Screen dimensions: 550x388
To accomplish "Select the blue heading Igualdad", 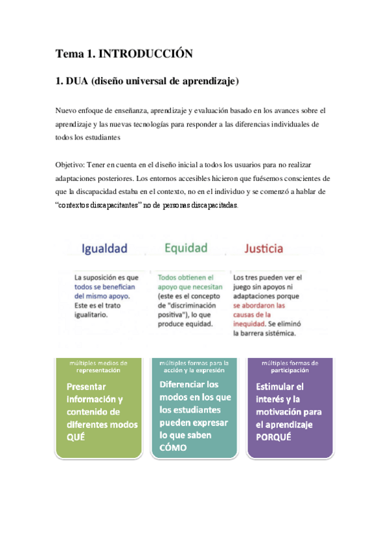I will tap(104, 248).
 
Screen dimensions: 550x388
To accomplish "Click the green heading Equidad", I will tap(186, 248).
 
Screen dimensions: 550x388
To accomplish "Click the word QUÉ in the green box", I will tap(76, 436).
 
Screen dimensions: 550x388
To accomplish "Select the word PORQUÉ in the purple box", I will tap(273, 436).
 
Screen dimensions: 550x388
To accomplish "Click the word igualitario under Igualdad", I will tap(91, 315).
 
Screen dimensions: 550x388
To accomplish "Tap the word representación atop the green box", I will tap(98, 370).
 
